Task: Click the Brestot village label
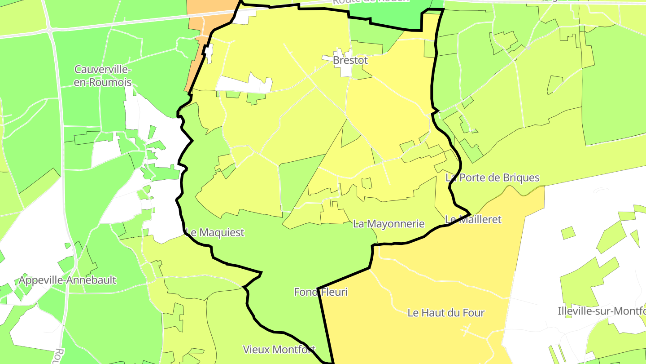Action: (x=350, y=60)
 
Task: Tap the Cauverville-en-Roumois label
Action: (x=103, y=76)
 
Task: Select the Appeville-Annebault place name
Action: (x=67, y=280)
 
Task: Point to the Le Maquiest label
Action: (x=215, y=232)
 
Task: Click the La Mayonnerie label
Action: (x=388, y=224)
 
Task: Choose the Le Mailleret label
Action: (x=473, y=219)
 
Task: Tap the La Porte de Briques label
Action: (x=493, y=178)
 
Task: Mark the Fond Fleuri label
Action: (x=321, y=292)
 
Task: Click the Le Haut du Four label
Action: (x=446, y=313)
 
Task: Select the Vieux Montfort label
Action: (x=279, y=349)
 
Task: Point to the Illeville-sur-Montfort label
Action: (x=601, y=311)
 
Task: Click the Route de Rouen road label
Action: (x=371, y=1)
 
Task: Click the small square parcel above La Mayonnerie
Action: (x=367, y=183)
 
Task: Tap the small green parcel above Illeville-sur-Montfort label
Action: (x=567, y=233)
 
